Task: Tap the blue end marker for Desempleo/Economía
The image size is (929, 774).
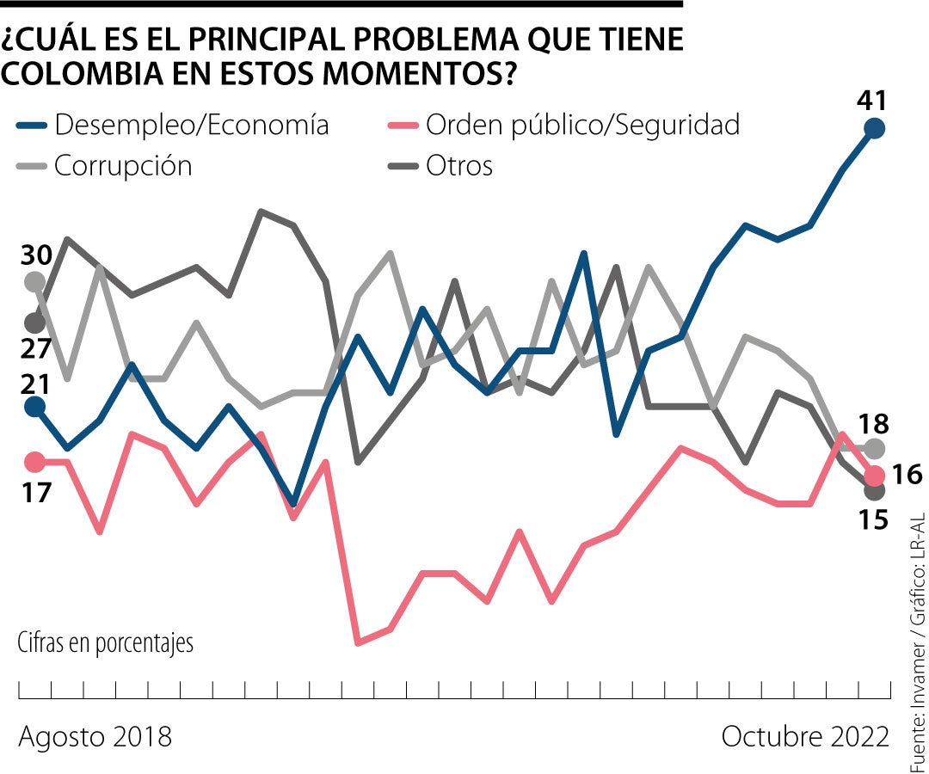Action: [875, 129]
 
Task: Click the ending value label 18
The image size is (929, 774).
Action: [876, 423]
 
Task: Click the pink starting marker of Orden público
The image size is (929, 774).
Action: [34, 463]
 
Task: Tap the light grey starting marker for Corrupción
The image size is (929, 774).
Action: [34, 281]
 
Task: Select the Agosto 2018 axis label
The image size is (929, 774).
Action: [95, 737]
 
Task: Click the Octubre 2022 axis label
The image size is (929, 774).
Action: [805, 737]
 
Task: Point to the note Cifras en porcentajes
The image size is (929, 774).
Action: [105, 642]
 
